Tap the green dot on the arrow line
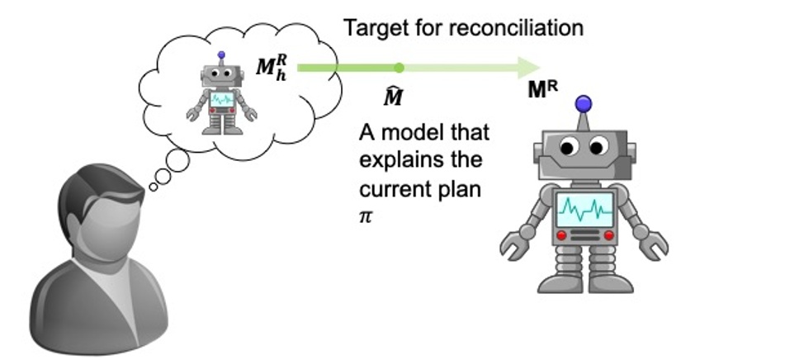399,68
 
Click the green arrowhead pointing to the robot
529,68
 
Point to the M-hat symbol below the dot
394,96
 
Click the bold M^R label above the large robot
542,90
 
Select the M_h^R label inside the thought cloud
272,68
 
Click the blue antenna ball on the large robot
583,104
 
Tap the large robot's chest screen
585,210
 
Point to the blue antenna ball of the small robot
221,54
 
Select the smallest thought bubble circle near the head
154,187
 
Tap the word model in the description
409,133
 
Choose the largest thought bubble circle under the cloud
177,160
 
